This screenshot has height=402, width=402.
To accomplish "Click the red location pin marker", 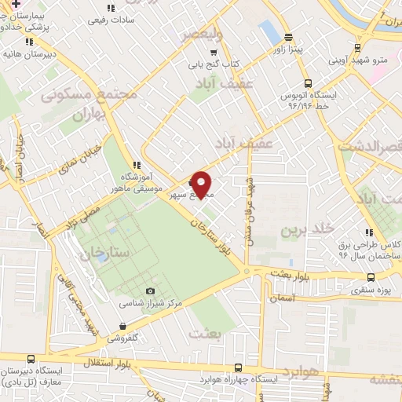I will [x=202, y=183].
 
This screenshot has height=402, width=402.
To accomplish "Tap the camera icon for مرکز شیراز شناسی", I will [x=151, y=291].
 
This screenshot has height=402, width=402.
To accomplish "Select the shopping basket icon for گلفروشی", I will [x=122, y=325].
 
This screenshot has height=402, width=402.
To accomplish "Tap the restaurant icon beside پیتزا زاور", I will [x=288, y=36].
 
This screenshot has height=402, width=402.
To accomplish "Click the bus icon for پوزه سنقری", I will [x=371, y=276].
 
